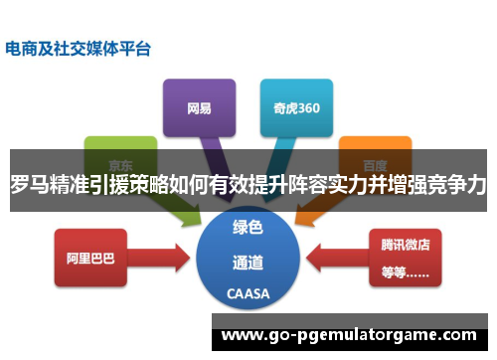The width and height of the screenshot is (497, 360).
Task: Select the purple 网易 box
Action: coord(199,106)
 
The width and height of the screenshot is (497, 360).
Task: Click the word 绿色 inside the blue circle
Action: coord(248,228)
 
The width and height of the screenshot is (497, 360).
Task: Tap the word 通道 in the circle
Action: coord(248,264)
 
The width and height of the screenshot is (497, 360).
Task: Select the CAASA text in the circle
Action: coord(248,293)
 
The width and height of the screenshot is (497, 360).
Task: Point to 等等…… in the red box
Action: coord(404,270)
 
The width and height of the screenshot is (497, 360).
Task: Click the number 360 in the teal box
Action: coord(307,106)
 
